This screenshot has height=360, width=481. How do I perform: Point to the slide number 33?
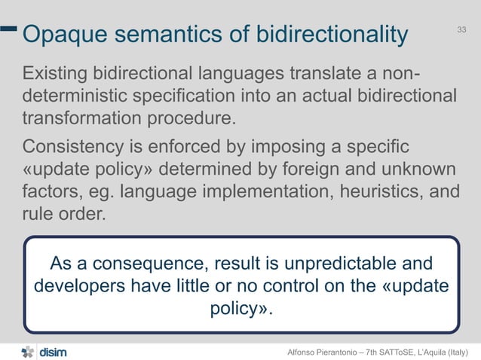(x=462, y=29)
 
